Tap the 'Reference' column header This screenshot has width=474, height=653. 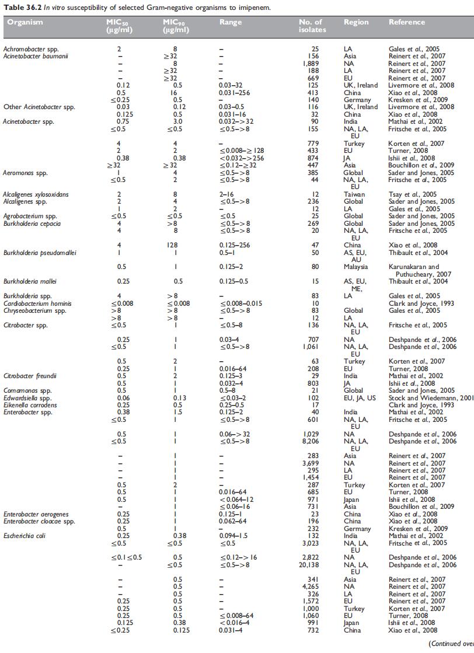pos(407,23)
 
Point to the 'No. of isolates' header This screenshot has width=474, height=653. pos(310,26)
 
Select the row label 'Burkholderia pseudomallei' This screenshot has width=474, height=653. pos(34,253)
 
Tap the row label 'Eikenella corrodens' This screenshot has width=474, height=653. pos(30,406)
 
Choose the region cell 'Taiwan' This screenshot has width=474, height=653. pos(353,194)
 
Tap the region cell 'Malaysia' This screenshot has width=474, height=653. pos(355,267)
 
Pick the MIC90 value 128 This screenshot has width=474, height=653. pos(175,245)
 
